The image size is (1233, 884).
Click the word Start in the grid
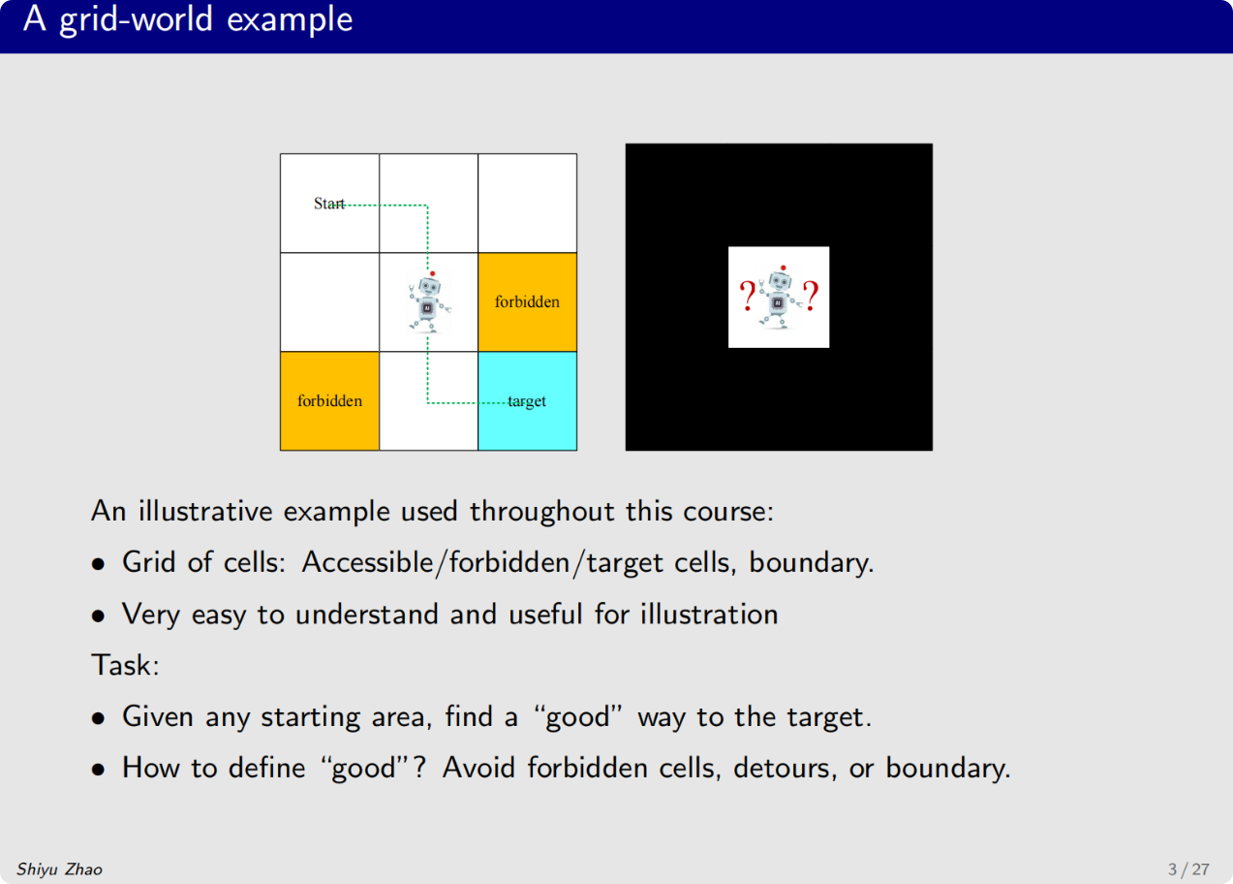[x=328, y=204]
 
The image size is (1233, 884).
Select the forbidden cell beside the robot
[x=527, y=301]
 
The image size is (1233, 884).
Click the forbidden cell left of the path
[x=329, y=400]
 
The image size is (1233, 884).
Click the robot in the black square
[x=779, y=297]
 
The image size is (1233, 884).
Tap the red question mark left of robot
[x=747, y=296]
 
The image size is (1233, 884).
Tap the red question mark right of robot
[x=811, y=296]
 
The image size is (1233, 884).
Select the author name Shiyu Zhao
[x=59, y=868]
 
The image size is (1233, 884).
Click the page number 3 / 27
[x=1188, y=868]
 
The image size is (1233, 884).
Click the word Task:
[x=123, y=665]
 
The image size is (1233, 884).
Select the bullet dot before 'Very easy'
[x=99, y=616]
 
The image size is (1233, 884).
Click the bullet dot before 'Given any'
[x=99, y=718]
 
